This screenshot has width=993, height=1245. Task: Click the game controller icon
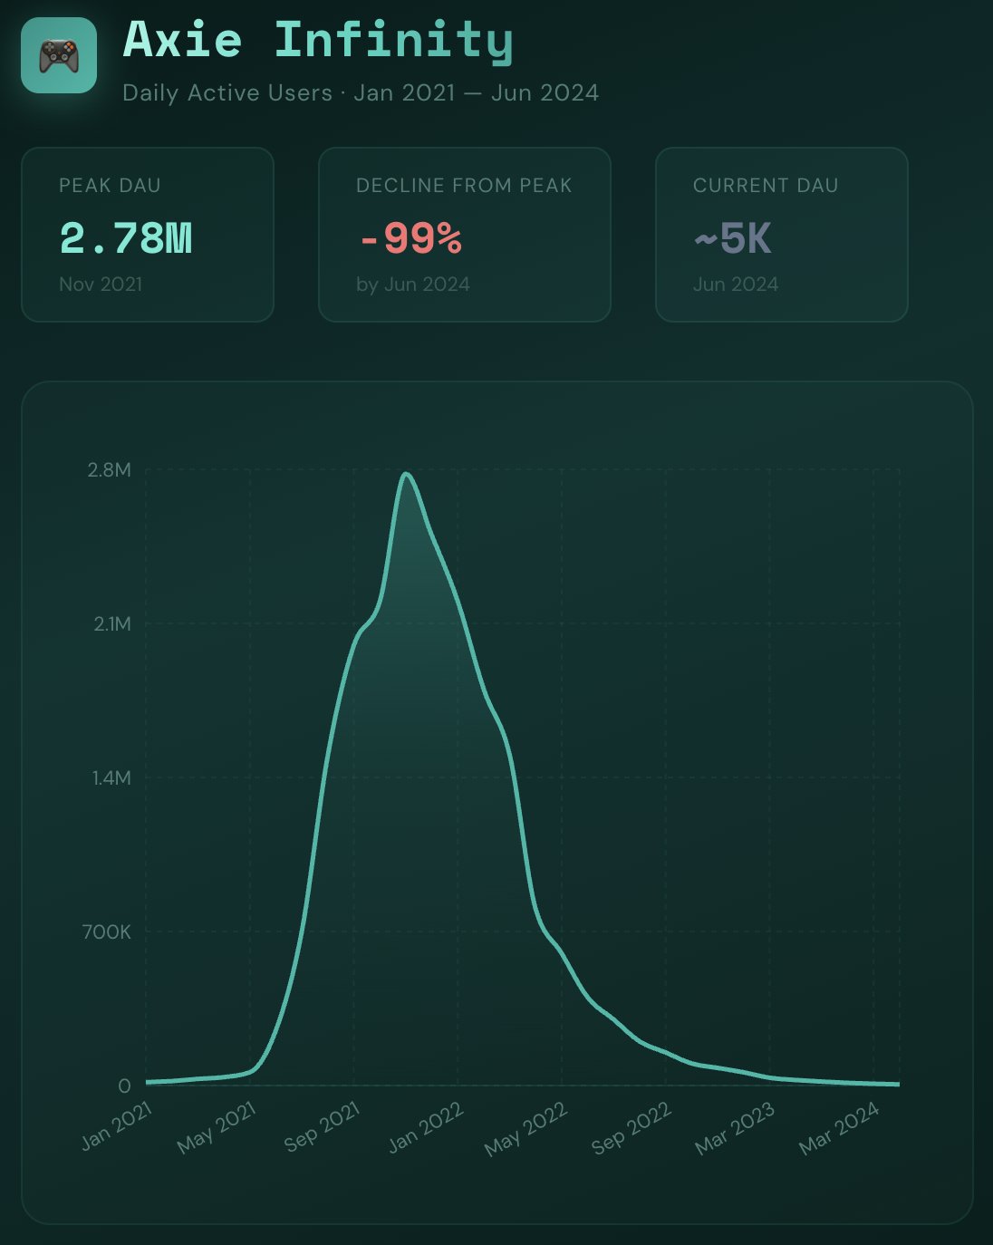click(x=59, y=55)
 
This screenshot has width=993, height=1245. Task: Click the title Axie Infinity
click(x=318, y=41)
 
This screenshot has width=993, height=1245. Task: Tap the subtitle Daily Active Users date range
click(x=361, y=93)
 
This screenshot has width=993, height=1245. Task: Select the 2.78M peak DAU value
click(x=126, y=238)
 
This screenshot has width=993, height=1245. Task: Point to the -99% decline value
click(x=410, y=238)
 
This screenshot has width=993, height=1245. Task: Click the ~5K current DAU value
click(x=733, y=239)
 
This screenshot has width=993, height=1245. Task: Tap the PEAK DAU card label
click(x=110, y=186)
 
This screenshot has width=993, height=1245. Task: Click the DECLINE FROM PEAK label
click(x=464, y=186)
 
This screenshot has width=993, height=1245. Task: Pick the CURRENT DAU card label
click(x=766, y=186)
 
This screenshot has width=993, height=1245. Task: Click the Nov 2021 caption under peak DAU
click(x=101, y=285)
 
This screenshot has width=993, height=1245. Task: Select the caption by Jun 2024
click(x=413, y=285)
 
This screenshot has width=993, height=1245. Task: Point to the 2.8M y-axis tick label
click(x=110, y=469)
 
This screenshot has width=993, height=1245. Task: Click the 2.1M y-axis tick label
click(x=112, y=623)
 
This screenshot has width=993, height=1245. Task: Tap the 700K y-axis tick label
click(x=107, y=931)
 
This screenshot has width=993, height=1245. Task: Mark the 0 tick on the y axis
click(x=125, y=1086)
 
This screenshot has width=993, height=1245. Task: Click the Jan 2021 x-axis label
click(x=117, y=1126)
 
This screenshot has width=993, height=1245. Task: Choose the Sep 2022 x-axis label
click(x=631, y=1128)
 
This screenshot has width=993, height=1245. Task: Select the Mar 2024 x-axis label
click(x=839, y=1128)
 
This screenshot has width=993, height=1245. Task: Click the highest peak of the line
click(x=407, y=474)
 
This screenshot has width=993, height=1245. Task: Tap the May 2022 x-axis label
click(x=526, y=1128)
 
